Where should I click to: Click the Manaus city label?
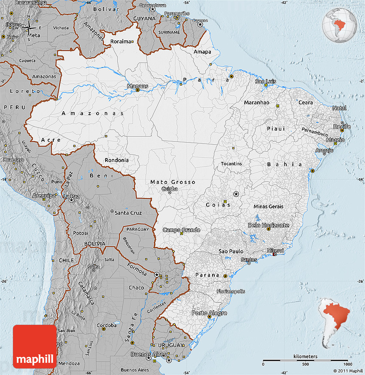click(x=137, y=86)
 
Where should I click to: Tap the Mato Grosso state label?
click(x=173, y=182)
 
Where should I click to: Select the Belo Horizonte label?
click(x=268, y=225)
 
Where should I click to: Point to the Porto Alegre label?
click(x=209, y=313)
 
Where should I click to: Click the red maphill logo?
click(x=34, y=346)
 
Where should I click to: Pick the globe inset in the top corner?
click(x=339, y=24)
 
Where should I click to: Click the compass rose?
click(x=29, y=28)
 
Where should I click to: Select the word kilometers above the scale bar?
click(x=305, y=357)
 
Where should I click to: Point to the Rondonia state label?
click(x=116, y=160)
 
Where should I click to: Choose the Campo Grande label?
click(x=181, y=230)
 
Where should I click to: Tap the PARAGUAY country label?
click(x=137, y=229)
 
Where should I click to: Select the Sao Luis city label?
click(x=265, y=81)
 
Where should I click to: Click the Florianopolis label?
click(x=231, y=291)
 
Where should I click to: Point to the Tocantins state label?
click(x=231, y=164)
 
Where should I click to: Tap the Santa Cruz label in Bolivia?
click(x=128, y=213)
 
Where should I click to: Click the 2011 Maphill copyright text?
click(x=348, y=371)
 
